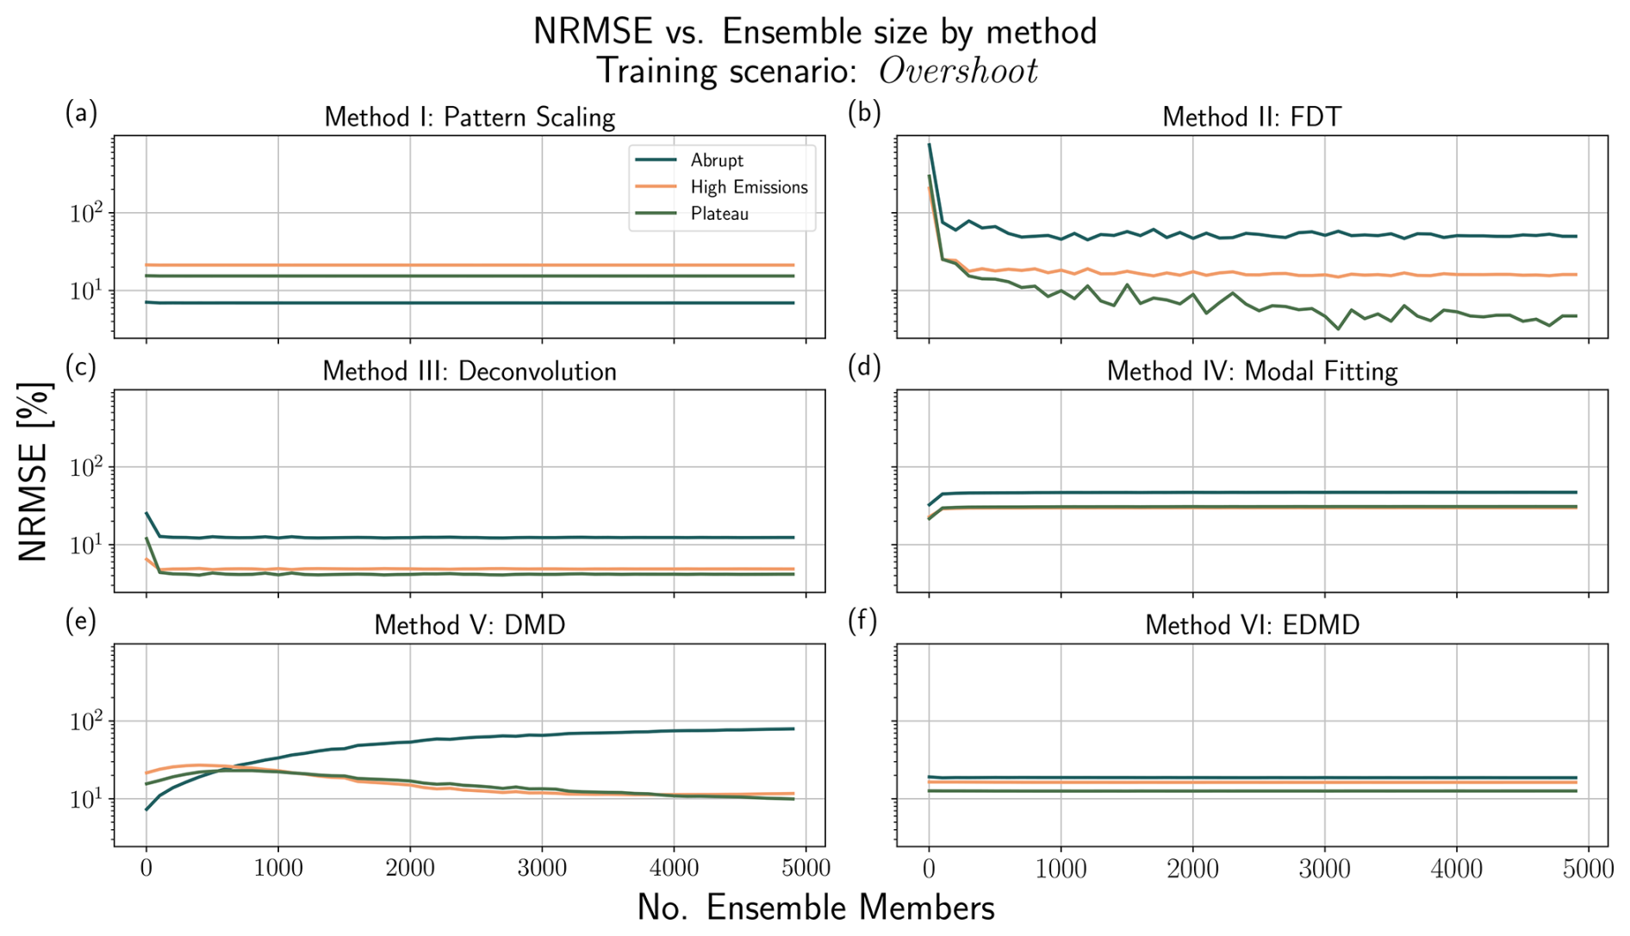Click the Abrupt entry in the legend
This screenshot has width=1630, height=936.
[716, 160]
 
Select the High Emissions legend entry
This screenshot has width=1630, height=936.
[749, 187]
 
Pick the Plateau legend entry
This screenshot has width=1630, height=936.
[719, 214]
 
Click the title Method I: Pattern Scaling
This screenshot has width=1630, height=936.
[470, 117]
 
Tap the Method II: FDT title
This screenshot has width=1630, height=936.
[1252, 117]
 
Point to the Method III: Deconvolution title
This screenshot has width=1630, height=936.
[470, 371]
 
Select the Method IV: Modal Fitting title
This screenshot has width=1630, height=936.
[1252, 371]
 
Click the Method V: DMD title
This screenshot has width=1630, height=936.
[470, 625]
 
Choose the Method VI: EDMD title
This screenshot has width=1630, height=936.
[1252, 625]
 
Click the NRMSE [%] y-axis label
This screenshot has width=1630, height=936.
[34, 471]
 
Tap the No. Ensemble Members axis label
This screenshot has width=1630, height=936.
[815, 908]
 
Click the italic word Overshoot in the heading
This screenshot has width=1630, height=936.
[958, 71]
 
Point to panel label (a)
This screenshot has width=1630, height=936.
[81, 113]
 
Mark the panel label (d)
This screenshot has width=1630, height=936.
[863, 367]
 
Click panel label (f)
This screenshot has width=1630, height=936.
[863, 621]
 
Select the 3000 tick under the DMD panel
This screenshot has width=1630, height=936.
[542, 868]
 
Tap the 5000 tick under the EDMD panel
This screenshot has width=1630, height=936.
[1588, 868]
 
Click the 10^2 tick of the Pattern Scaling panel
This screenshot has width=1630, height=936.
[86, 212]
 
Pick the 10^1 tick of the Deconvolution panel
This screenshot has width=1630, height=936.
[86, 546]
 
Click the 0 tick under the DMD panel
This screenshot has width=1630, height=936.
[146, 868]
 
